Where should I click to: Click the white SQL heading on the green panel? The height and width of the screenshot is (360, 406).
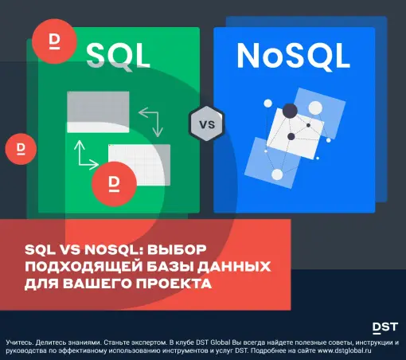[x=118, y=57]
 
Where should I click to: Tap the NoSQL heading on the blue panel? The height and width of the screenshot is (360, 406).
[x=293, y=56]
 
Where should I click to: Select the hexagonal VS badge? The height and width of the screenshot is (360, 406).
[x=207, y=123]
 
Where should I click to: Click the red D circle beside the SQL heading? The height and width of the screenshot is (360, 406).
[x=54, y=41]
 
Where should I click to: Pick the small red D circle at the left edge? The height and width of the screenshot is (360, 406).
[x=21, y=149]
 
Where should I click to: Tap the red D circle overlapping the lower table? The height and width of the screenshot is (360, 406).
[x=115, y=184]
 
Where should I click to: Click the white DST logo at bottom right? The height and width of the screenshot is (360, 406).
[x=385, y=328]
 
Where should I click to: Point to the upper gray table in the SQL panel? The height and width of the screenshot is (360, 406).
[x=98, y=112]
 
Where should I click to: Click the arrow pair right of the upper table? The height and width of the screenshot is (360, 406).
[x=151, y=122]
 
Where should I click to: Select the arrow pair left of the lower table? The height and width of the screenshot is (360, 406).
[x=86, y=155]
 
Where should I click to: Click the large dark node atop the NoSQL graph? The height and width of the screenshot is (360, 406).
[x=290, y=111]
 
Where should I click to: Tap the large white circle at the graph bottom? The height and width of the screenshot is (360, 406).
[x=277, y=174]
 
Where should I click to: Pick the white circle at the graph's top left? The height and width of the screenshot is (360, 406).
[x=268, y=104]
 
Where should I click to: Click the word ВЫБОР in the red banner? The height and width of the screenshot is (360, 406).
[x=177, y=250]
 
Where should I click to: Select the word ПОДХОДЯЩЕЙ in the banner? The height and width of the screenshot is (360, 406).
[x=84, y=267]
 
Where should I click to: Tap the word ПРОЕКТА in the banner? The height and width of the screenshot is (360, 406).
[x=174, y=284]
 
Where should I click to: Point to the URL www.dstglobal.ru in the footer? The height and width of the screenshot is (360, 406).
[x=345, y=350]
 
